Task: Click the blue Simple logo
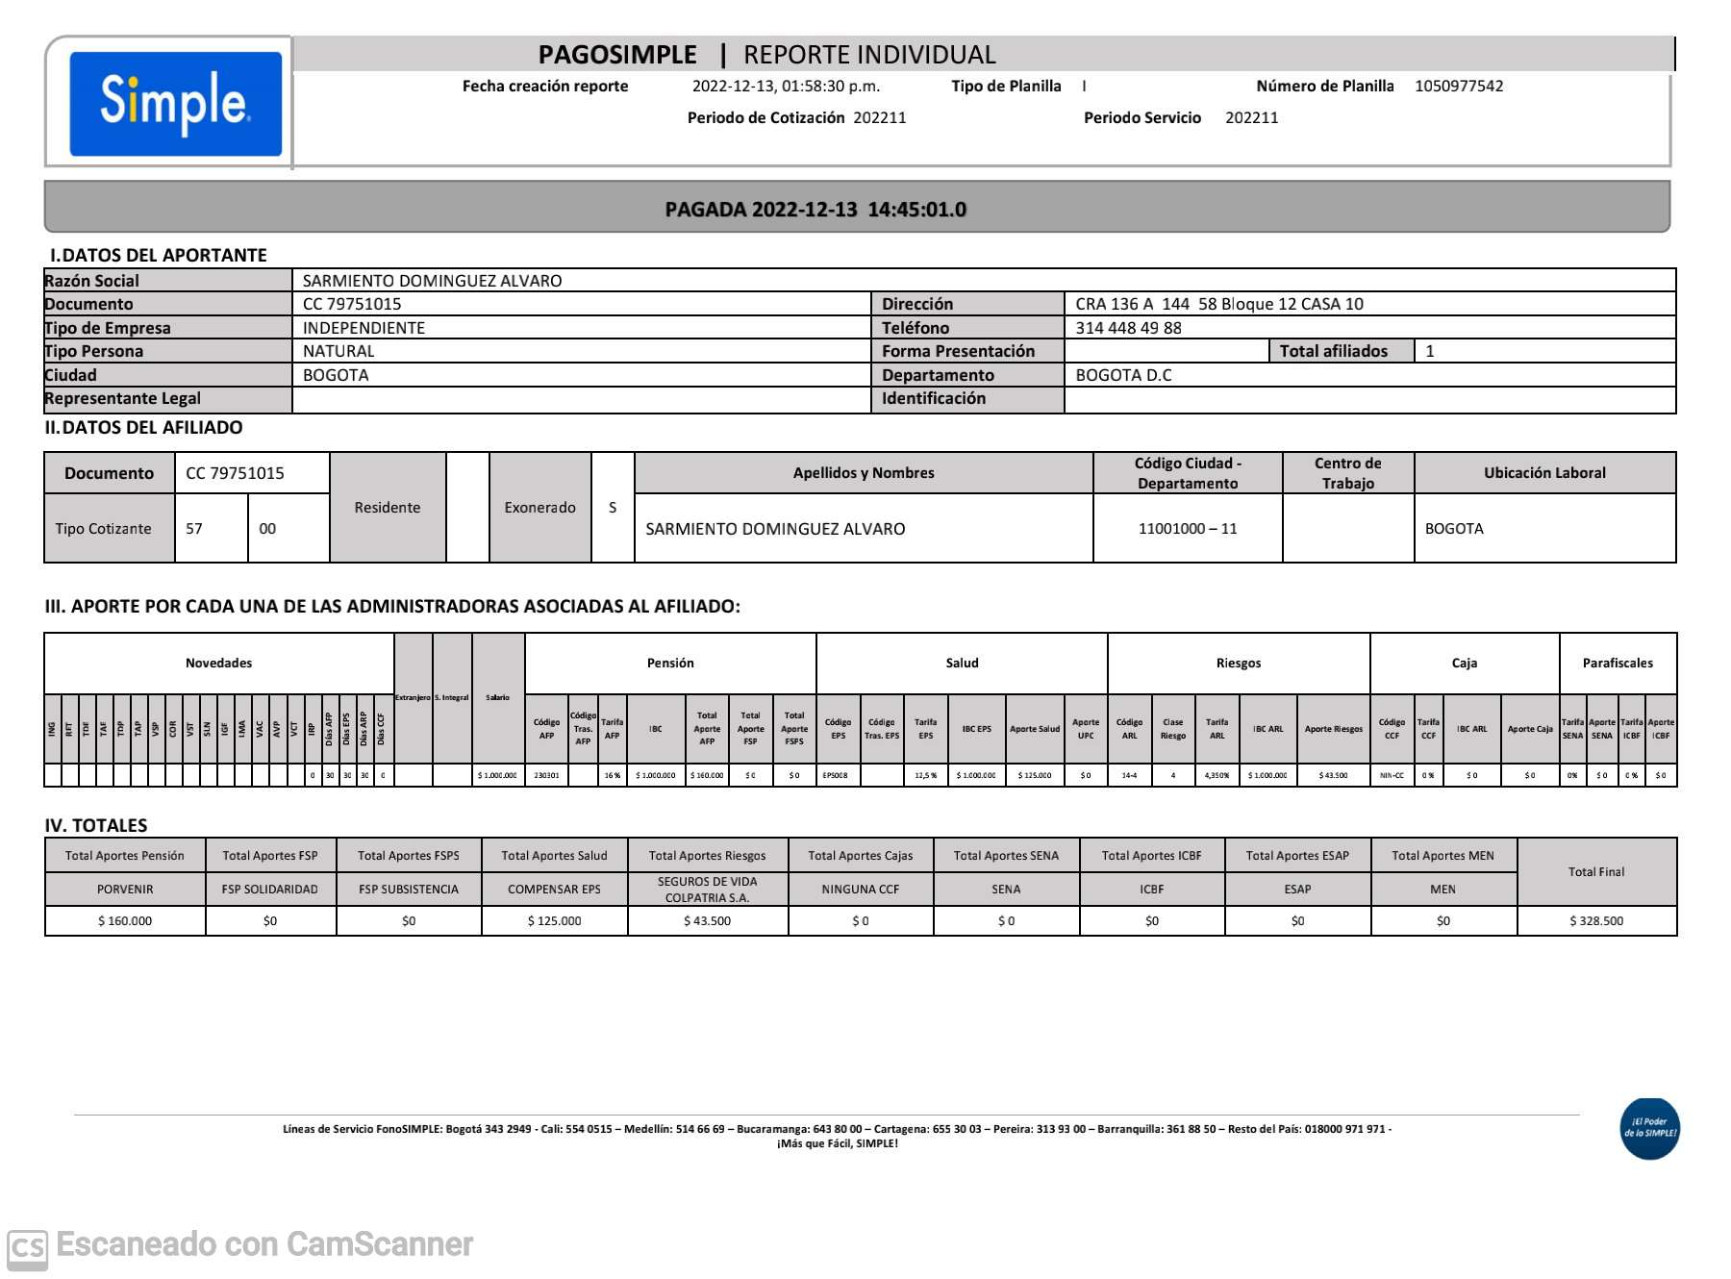click(175, 103)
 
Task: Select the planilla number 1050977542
click(1458, 87)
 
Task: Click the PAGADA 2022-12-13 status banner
click(815, 210)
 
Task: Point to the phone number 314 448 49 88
click(1128, 328)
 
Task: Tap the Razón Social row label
click(92, 281)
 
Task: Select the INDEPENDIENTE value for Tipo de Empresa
click(364, 328)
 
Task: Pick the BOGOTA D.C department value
click(1123, 375)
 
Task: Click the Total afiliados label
click(1333, 351)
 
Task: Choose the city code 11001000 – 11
click(1187, 529)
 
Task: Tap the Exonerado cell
click(539, 508)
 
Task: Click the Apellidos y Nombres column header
click(863, 473)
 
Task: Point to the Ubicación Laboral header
click(1543, 473)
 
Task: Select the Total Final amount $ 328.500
click(1595, 921)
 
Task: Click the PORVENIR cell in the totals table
click(125, 890)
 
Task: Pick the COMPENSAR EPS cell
click(554, 890)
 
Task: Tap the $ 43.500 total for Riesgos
click(707, 921)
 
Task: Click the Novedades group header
click(218, 664)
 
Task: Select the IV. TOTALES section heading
click(96, 825)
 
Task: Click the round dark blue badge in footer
click(1649, 1128)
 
